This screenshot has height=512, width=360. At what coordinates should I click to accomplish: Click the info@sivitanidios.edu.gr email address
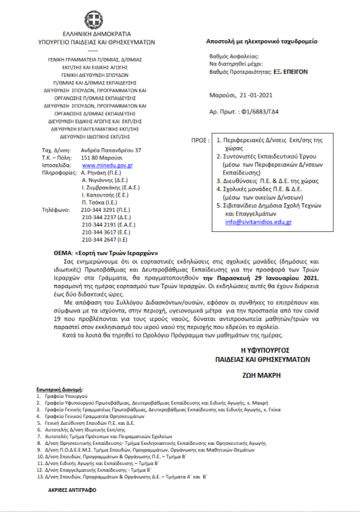coord(258,222)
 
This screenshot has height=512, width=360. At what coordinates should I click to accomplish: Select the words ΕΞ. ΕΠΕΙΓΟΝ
coord(291,71)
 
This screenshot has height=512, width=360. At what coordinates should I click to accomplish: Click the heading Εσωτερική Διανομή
coord(60,390)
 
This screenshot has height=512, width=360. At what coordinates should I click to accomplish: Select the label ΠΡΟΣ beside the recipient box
coord(200,141)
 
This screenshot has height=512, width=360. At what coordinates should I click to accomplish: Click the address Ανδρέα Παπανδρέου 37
coord(111,150)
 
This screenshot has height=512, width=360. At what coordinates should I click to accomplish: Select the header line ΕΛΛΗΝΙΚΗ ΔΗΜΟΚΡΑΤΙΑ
coord(96,34)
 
